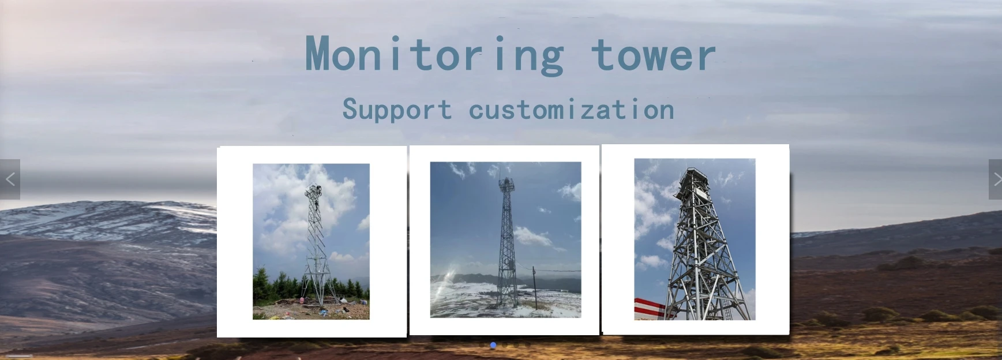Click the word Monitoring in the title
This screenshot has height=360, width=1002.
tap(434, 55)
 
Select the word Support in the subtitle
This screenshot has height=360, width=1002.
tap(397, 110)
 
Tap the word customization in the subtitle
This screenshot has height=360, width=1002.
tap(571, 110)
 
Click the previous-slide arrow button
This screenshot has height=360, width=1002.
tap(10, 179)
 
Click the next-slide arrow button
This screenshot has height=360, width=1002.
tap(995, 179)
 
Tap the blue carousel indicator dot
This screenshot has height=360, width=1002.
tap(493, 345)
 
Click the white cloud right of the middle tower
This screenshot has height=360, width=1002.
tap(534, 237)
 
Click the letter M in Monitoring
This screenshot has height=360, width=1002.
tap(318, 55)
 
